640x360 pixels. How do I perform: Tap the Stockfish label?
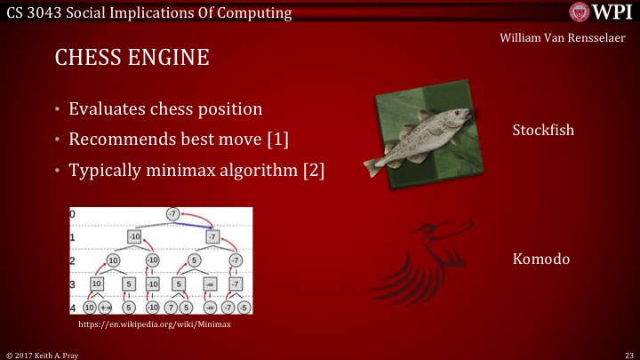[x=543, y=130]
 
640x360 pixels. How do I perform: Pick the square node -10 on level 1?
[x=134, y=237]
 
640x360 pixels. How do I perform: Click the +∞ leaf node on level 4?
[x=105, y=307]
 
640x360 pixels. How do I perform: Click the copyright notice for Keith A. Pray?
[x=41, y=353]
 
